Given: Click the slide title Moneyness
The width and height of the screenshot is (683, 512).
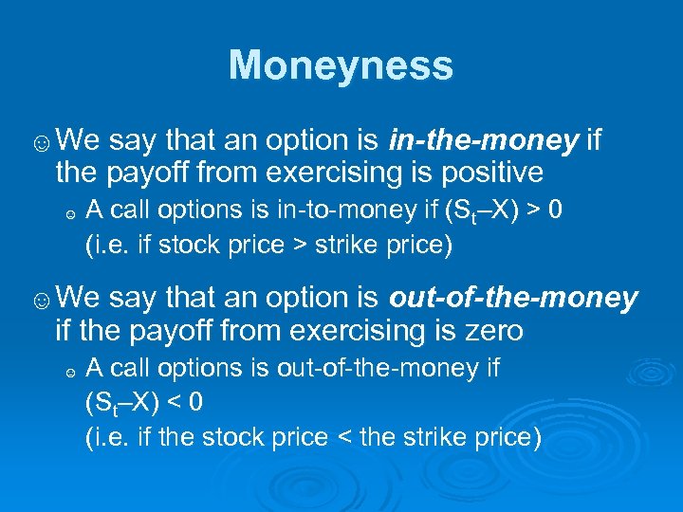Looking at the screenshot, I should (x=341, y=65).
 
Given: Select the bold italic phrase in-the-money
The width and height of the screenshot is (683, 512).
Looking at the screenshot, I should (x=484, y=141).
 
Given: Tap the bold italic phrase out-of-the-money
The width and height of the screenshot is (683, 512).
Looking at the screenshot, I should (x=513, y=299).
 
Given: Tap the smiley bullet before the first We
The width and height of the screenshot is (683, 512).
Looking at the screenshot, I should (x=42, y=144).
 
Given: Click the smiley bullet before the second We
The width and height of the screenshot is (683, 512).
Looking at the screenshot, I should (x=42, y=302).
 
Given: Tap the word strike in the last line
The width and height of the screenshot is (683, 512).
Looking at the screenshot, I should (x=426, y=437).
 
